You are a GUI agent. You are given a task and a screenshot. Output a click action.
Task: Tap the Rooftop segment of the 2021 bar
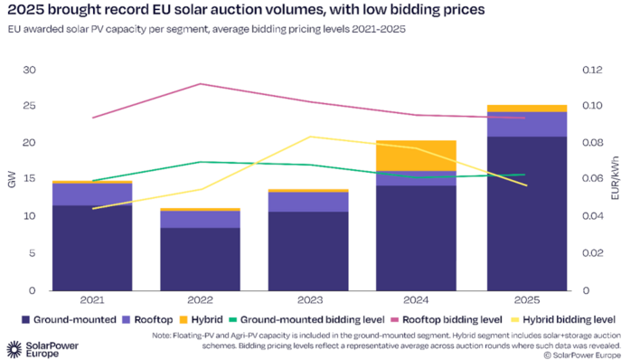pyautogui.click(x=92, y=194)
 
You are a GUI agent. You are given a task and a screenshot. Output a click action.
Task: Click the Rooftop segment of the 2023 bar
pyautogui.click(x=309, y=201)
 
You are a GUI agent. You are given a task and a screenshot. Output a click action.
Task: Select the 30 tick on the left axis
pyautogui.click(x=30, y=70)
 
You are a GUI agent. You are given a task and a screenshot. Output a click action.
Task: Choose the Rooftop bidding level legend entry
pyautogui.click(x=447, y=320)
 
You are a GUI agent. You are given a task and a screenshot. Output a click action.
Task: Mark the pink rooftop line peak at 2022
pyautogui.click(x=201, y=84)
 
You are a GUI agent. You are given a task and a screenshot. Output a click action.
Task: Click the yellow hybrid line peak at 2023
pyautogui.click(x=309, y=137)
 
